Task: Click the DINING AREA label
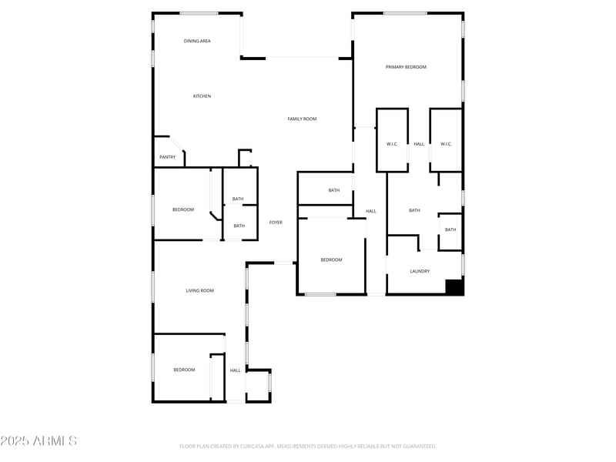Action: click(x=197, y=41)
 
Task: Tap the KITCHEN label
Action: click(x=202, y=96)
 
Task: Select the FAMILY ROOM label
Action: click(x=302, y=119)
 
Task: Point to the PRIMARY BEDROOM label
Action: click(x=406, y=67)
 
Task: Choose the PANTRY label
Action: click(x=167, y=157)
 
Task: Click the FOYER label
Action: click(x=276, y=223)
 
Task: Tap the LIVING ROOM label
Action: click(x=199, y=290)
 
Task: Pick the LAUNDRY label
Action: click(x=420, y=271)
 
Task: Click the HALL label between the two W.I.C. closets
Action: click(x=419, y=144)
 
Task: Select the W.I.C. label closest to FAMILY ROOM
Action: click(x=391, y=144)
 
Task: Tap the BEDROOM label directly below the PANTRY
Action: click(x=182, y=209)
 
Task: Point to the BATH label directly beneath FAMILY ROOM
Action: click(x=334, y=190)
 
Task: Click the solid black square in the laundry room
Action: click(x=454, y=286)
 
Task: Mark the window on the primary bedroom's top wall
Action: click(x=405, y=13)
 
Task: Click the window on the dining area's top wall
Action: click(x=199, y=13)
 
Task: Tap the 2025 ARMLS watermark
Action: click(x=38, y=441)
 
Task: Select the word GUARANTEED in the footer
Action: click(x=416, y=446)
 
